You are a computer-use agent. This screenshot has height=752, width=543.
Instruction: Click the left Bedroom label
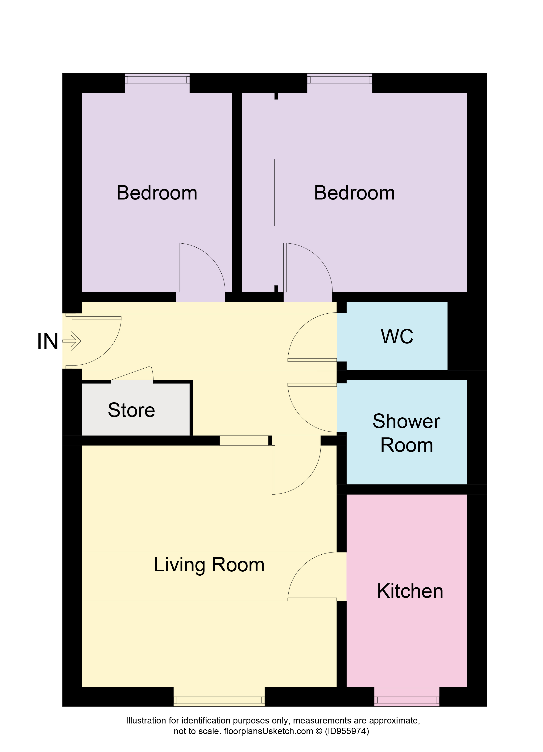[157, 193]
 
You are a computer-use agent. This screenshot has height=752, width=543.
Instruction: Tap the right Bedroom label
[354, 193]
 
